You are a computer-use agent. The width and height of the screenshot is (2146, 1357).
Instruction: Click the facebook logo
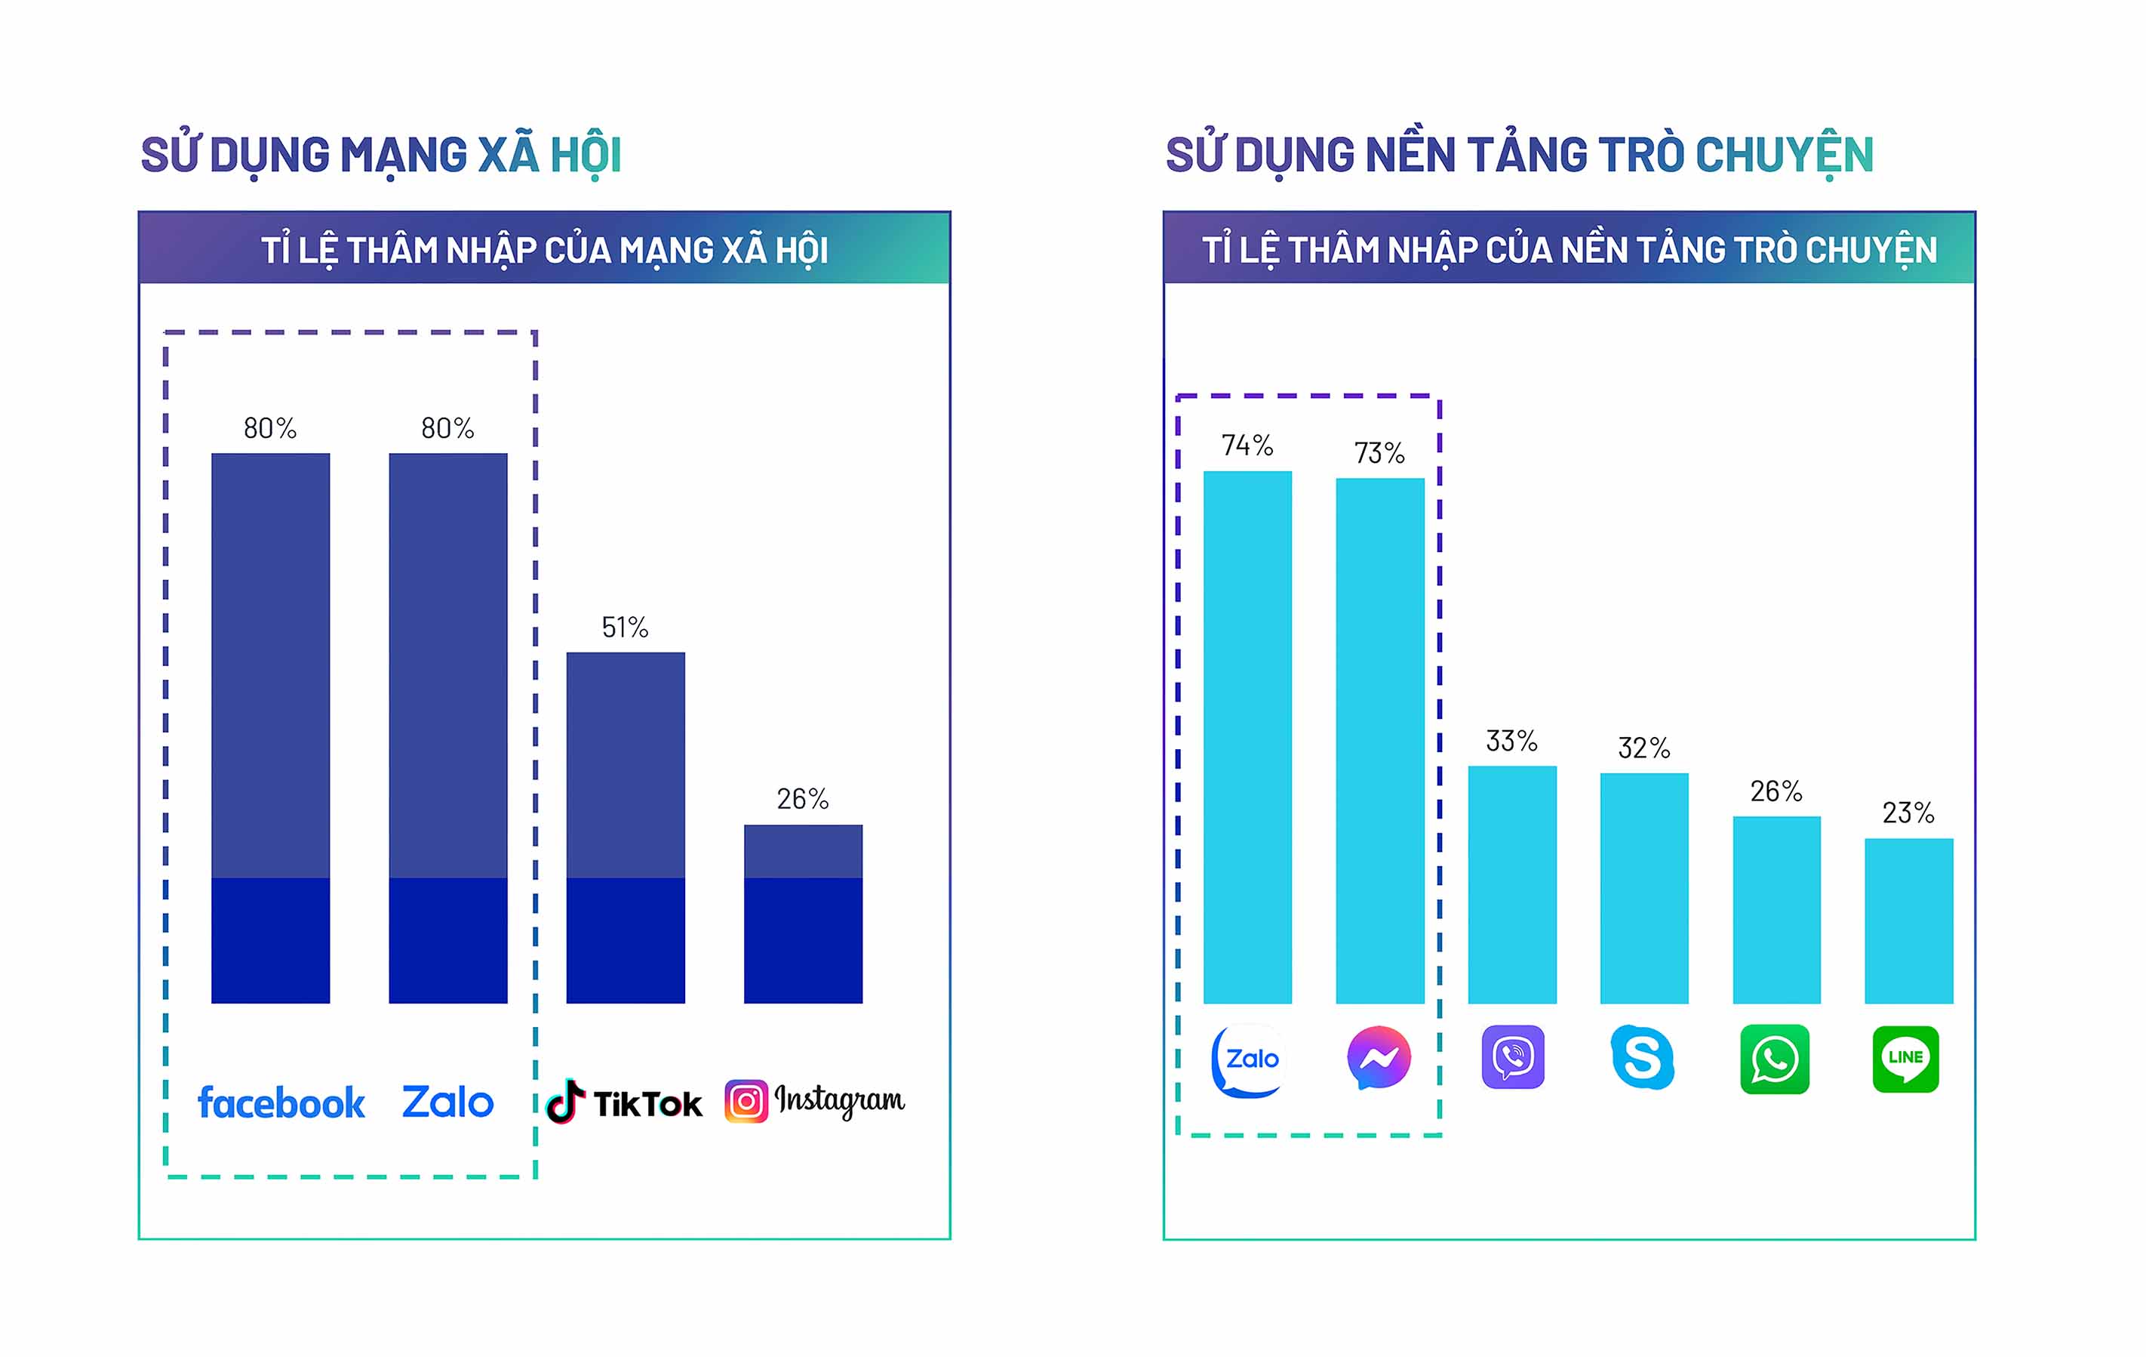click(x=281, y=1103)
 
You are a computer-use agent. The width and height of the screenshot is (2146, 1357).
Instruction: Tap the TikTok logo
click(x=624, y=1103)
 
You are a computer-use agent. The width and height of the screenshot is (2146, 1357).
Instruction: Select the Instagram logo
click(x=814, y=1101)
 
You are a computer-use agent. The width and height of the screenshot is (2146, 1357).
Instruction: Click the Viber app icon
click(x=1512, y=1057)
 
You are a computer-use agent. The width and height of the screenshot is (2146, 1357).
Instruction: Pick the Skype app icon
click(x=1643, y=1057)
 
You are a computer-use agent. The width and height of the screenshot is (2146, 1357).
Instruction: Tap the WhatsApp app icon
click(x=1774, y=1059)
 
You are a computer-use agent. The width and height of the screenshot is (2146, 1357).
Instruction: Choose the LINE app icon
click(x=1905, y=1059)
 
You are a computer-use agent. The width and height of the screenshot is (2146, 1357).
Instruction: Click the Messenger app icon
click(x=1379, y=1057)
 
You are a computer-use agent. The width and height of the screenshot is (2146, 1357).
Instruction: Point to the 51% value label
click(x=625, y=628)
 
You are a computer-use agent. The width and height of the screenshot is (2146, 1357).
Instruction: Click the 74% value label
click(x=1247, y=445)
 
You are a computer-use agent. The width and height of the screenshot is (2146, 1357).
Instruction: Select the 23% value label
click(x=1908, y=813)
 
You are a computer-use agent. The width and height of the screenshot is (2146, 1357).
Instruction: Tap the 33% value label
click(x=1511, y=741)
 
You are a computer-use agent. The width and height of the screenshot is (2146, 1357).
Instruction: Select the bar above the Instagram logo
click(x=803, y=913)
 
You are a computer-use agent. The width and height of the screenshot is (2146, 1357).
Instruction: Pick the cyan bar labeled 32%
click(x=1644, y=888)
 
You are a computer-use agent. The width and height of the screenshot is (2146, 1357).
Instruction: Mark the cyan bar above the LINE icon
click(x=1909, y=920)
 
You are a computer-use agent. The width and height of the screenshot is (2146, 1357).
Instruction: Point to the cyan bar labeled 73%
click(x=1379, y=740)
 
